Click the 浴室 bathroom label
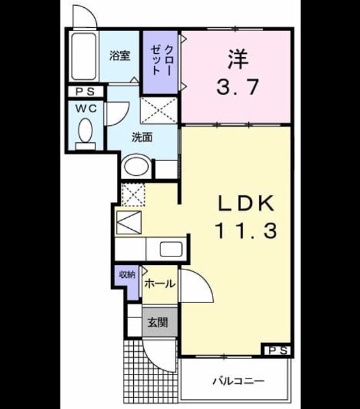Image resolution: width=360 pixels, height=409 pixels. pyautogui.click(x=120, y=55)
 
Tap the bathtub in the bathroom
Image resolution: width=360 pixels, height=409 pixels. pyautogui.click(x=84, y=56)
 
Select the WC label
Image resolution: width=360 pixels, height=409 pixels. pyautogui.click(x=86, y=108)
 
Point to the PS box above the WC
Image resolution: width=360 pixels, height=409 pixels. pyautogui.click(x=86, y=92)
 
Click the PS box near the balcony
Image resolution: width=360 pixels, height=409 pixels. pyautogui.click(x=277, y=351)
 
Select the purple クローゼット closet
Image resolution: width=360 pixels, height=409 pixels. pyautogui.click(x=161, y=62)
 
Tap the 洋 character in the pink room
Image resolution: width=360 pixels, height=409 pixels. pyautogui.click(x=238, y=60)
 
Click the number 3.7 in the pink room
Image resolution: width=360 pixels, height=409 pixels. pyautogui.click(x=238, y=87)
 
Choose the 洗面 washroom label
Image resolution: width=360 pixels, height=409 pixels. pyautogui.click(x=142, y=137)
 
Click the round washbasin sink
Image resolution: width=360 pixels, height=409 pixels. pyautogui.click(x=136, y=166)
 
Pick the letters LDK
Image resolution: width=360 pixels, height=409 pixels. pyautogui.click(x=246, y=203)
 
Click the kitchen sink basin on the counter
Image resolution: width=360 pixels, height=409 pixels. pyautogui.click(x=171, y=249)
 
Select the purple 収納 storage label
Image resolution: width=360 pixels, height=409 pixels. pyautogui.click(x=127, y=275)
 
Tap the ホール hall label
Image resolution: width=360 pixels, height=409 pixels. pyautogui.click(x=159, y=283)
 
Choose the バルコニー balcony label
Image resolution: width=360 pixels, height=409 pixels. pyautogui.click(x=238, y=382)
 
